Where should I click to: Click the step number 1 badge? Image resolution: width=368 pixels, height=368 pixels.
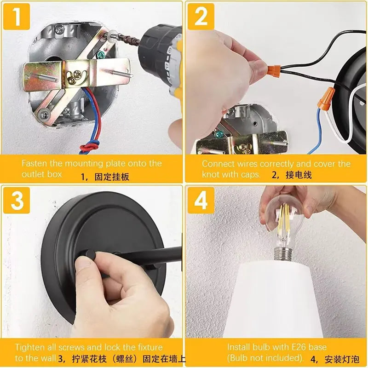17,17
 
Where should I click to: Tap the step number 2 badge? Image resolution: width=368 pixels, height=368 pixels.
201,17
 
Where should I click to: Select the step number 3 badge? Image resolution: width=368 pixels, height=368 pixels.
17,200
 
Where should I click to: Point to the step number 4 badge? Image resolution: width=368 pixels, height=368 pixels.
201,200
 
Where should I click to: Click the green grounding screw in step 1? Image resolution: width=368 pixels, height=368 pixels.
101,55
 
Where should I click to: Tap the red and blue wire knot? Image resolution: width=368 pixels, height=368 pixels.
90,147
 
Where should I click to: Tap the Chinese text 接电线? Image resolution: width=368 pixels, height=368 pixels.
299,175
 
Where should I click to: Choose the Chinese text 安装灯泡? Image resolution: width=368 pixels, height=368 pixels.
342,359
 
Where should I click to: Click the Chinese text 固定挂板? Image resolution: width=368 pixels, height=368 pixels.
112,177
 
